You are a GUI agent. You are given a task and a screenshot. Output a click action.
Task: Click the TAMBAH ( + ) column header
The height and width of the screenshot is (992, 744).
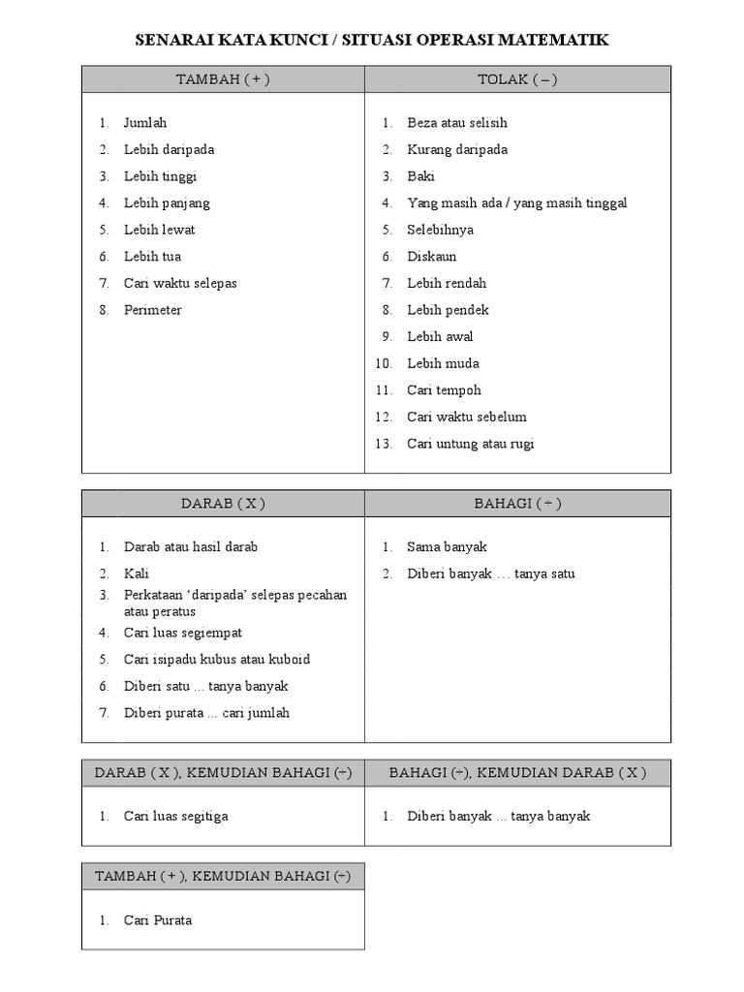pyautogui.click(x=223, y=79)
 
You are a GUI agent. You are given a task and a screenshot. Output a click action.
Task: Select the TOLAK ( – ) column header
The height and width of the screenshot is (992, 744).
pyautogui.click(x=517, y=79)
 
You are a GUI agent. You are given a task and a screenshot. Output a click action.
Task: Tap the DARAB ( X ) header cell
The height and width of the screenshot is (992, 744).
pyautogui.click(x=223, y=504)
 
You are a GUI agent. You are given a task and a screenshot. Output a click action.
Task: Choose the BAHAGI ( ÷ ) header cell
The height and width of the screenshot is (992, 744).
pyautogui.click(x=517, y=504)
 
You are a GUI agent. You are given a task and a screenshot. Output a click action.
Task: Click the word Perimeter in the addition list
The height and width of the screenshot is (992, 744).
pyautogui.click(x=152, y=310)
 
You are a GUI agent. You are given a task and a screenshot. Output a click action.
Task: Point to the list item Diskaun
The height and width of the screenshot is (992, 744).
pyautogui.click(x=431, y=257)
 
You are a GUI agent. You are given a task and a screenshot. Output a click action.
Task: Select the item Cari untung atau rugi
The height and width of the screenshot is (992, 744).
pyautogui.click(x=470, y=444)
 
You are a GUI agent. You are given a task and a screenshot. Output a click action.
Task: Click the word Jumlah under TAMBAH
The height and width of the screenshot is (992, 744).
pyautogui.click(x=145, y=123)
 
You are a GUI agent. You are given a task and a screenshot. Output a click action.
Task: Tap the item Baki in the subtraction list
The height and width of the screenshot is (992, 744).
pyautogui.click(x=420, y=176)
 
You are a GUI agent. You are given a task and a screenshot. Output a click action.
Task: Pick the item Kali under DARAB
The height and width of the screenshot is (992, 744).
pyautogui.click(x=136, y=573)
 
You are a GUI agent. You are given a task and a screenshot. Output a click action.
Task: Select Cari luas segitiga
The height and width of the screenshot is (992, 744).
pyautogui.click(x=176, y=816)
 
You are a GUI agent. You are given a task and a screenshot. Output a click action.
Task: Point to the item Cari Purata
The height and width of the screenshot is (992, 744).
pyautogui.click(x=158, y=920)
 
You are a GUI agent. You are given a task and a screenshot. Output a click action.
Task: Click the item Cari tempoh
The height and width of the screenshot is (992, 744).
pyautogui.click(x=444, y=390)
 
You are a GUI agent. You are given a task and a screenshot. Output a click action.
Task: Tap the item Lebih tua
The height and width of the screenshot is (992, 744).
pyautogui.click(x=152, y=257)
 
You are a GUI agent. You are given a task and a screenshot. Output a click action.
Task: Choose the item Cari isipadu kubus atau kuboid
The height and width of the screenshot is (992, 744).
pyautogui.click(x=217, y=659)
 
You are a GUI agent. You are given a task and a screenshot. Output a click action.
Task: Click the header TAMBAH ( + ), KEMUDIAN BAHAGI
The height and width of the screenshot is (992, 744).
pyautogui.click(x=223, y=877)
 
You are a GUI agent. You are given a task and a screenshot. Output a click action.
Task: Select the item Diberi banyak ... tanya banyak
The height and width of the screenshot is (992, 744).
pyautogui.click(x=498, y=816)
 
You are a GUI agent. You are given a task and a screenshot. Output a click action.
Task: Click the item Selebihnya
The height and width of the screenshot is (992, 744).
pyautogui.click(x=440, y=230)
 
